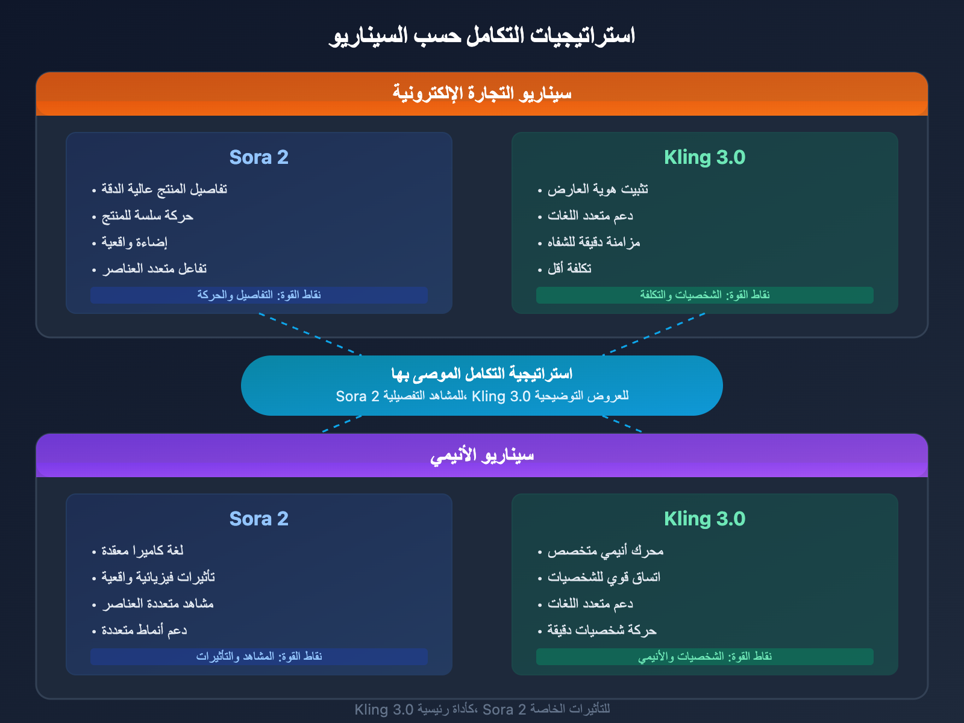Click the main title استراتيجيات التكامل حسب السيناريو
click(x=482, y=36)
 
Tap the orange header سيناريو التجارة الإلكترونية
click(x=482, y=93)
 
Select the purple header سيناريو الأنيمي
click(x=482, y=455)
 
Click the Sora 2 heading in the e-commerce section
click(x=259, y=157)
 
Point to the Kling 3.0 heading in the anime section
click(x=705, y=519)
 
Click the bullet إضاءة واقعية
click(x=134, y=242)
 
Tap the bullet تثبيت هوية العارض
click(x=598, y=189)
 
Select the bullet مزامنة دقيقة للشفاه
click(x=593, y=242)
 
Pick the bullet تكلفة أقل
click(x=569, y=269)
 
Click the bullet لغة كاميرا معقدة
click(x=142, y=551)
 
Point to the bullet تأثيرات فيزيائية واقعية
click(x=158, y=577)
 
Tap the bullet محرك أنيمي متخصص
click(x=605, y=551)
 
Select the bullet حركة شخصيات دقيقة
click(x=601, y=630)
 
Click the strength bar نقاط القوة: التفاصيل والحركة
click(x=259, y=295)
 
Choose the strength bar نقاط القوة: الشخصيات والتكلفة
click(x=705, y=295)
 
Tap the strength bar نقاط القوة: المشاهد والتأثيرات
click(x=259, y=656)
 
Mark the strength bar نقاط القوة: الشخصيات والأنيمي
click(x=705, y=656)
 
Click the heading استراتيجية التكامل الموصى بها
click(x=482, y=374)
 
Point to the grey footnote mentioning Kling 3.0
click(x=482, y=709)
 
